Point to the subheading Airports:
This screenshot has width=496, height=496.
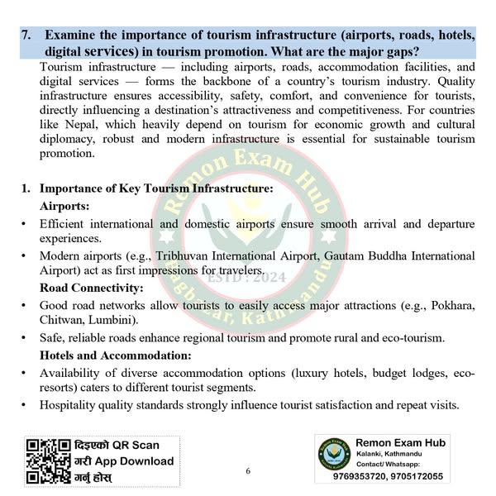point(64,205)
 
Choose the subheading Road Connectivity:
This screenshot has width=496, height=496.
point(92,288)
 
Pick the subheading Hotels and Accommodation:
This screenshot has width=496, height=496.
point(116,355)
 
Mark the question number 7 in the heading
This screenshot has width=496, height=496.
point(26,36)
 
